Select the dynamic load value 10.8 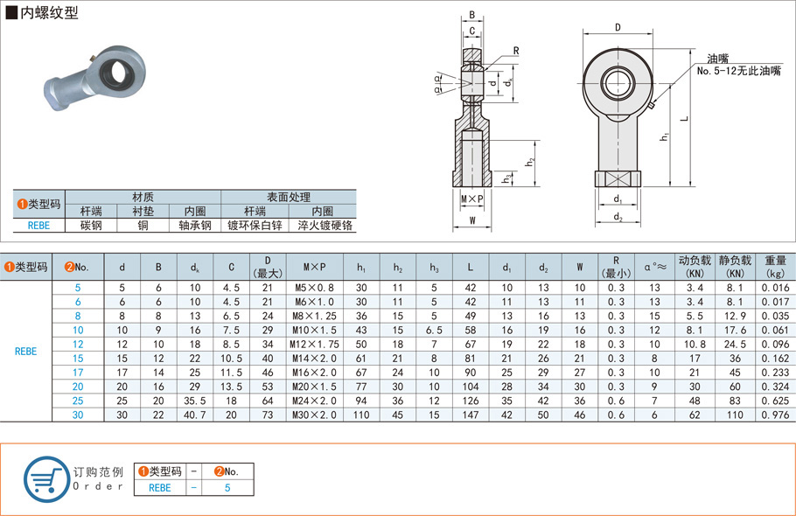(695, 345)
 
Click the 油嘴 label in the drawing (708, 57)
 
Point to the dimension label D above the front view (618, 27)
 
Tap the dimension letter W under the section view (472, 221)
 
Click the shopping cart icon (45, 478)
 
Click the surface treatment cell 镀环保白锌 (255, 226)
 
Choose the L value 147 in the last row (470, 415)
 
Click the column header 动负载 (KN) (695, 267)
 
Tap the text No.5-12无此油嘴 (738, 70)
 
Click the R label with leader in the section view (517, 51)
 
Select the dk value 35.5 (194, 401)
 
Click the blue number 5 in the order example (227, 488)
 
